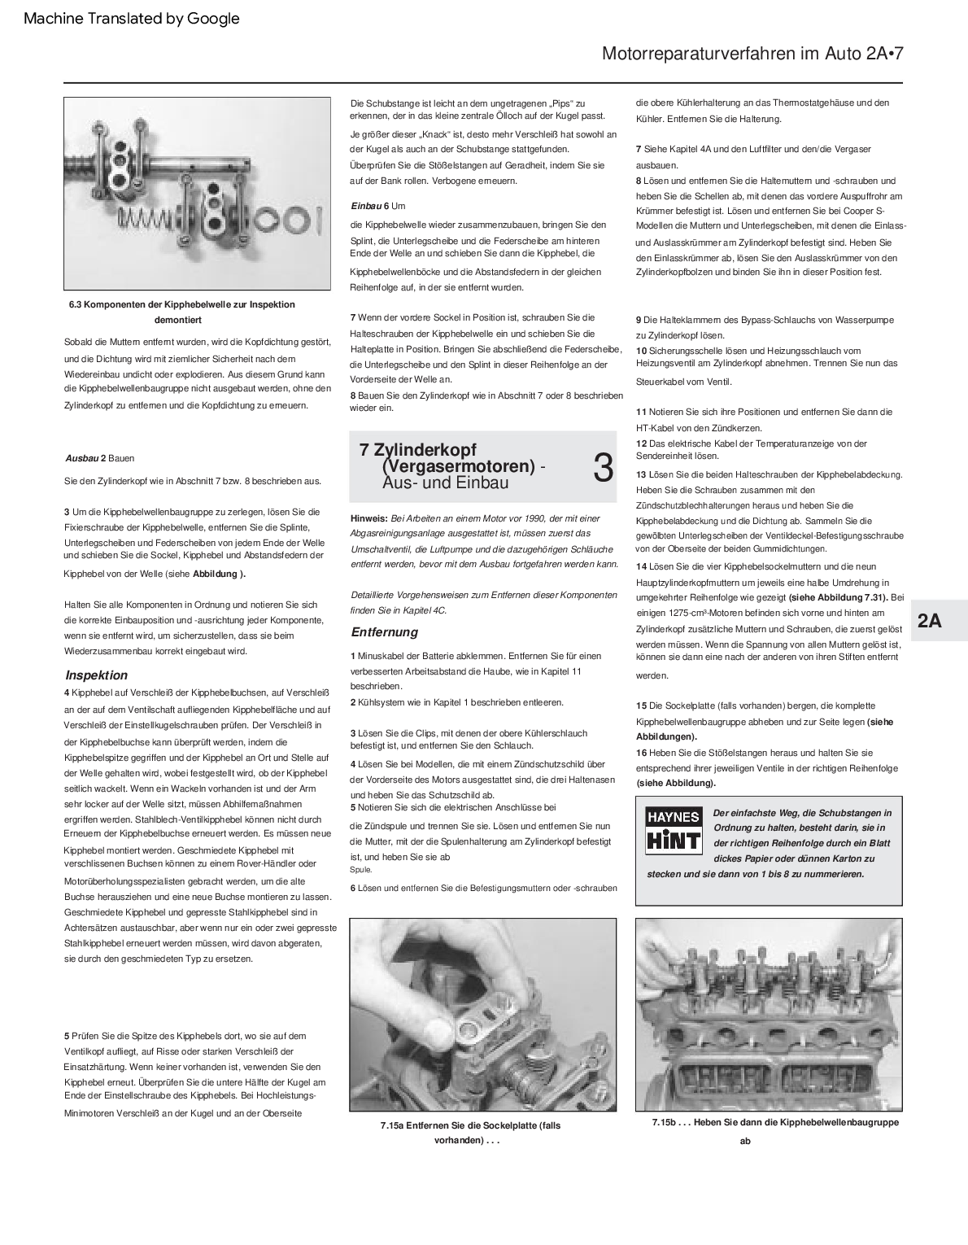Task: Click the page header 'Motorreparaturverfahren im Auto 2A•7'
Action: pos(752,54)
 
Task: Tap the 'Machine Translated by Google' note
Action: pos(132,18)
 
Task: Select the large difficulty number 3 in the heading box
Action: pos(603,468)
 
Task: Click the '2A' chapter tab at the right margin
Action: pos(929,621)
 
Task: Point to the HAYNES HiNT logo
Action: pos(673,829)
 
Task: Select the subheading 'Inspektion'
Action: pos(96,675)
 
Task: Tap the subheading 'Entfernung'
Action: pos(384,631)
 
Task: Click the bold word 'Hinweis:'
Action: pos(369,518)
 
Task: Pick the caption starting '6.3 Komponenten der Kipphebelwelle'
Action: pos(181,304)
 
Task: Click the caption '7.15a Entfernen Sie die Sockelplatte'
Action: pos(469,1125)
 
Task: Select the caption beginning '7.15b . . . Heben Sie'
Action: pos(774,1122)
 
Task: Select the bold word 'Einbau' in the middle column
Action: pos(365,206)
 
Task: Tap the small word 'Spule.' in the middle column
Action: pos(361,870)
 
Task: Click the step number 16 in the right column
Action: pos(642,753)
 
